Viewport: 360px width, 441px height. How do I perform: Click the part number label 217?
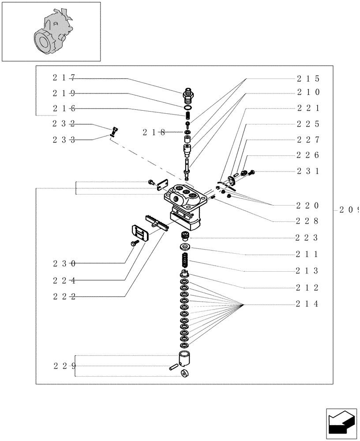[x=64, y=78]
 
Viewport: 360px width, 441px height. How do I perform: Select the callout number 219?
[x=64, y=93]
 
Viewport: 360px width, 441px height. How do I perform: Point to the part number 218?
[x=154, y=132]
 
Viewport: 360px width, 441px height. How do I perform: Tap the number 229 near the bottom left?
[x=64, y=366]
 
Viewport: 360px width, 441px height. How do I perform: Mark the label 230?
[x=64, y=264]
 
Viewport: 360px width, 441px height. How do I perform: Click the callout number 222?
[x=64, y=297]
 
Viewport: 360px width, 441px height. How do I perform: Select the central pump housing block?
[x=183, y=203]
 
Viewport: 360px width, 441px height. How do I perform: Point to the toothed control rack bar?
[x=157, y=222]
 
